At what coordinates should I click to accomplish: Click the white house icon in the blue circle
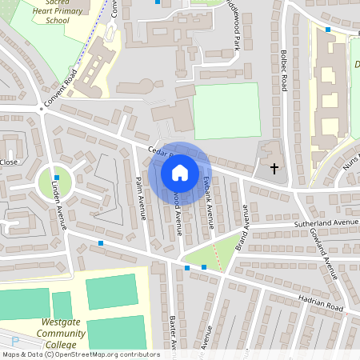[x=180, y=173]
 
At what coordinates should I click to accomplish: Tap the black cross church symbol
[x=274, y=169]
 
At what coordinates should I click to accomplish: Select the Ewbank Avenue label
[x=209, y=193]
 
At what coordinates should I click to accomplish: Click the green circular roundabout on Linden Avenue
[x=55, y=183]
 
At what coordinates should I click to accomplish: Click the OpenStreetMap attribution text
[x=80, y=354]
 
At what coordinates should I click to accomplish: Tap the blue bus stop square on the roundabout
[x=56, y=177]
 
